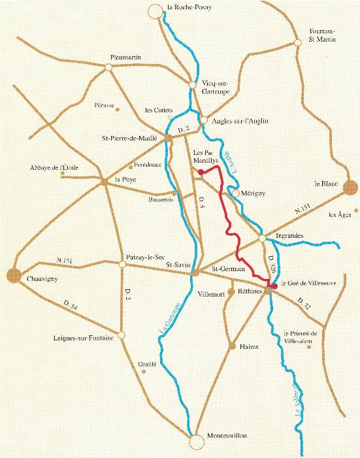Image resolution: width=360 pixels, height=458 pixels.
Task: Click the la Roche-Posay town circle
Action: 155,11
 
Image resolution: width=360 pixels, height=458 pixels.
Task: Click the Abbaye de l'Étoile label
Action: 54,168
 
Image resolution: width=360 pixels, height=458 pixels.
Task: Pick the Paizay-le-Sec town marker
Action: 122,265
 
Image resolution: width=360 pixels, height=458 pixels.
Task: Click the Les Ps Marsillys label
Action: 203,156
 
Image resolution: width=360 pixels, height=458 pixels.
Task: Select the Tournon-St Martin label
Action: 321,36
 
